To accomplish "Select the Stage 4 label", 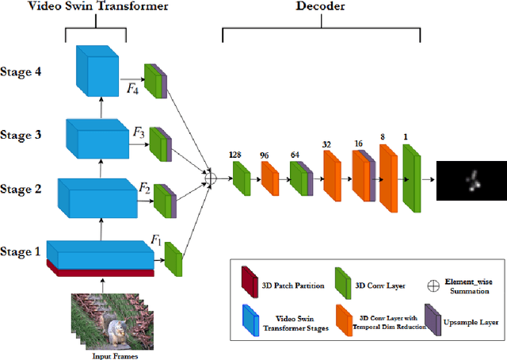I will [x=22, y=71].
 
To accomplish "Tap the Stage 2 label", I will [x=22, y=189].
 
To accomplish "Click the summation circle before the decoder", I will [x=209, y=176].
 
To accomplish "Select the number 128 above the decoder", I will [x=235, y=155].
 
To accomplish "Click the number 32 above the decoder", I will [x=327, y=145].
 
